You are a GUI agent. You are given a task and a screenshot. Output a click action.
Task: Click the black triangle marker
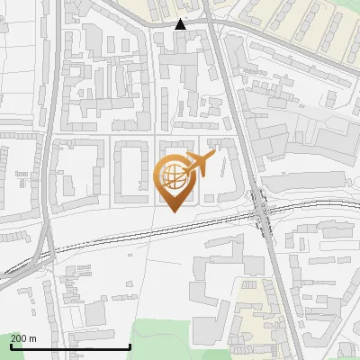click(x=181, y=24)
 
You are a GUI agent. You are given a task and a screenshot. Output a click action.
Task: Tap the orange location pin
click(x=177, y=181)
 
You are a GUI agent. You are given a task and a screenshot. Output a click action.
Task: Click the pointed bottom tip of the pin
click(x=176, y=211)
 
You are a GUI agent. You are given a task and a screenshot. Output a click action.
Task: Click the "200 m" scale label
click(x=23, y=338)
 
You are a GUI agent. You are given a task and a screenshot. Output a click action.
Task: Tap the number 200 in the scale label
click(x=19, y=338)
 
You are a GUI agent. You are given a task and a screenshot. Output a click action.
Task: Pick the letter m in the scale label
click(x=32, y=338)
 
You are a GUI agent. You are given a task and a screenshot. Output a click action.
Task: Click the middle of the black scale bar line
click(x=70, y=346)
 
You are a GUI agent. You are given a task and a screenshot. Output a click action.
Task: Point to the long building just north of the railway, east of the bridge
click(x=310, y=183)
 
